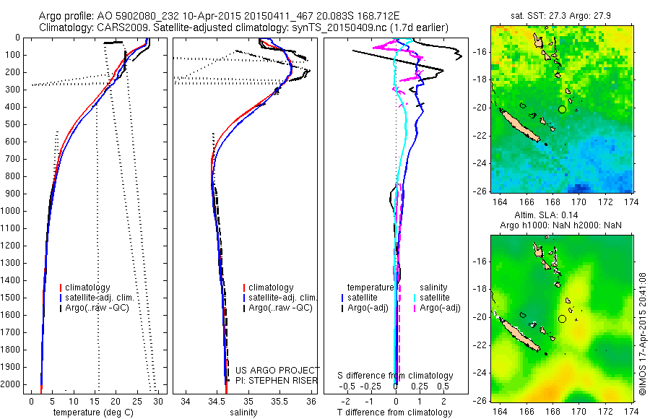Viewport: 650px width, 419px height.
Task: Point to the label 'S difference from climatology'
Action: pos(396,376)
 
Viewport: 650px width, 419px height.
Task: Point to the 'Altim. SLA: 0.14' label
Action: pos(560,216)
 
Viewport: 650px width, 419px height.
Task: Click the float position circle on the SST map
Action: pos(562,109)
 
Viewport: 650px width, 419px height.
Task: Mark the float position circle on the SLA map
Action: pos(562,319)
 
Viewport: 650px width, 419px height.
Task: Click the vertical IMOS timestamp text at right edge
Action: pos(641,333)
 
